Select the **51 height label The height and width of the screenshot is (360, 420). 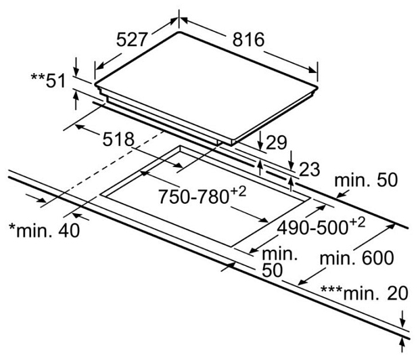(47, 81)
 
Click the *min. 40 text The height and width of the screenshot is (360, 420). (43, 230)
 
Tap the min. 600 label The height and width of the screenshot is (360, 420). (356, 258)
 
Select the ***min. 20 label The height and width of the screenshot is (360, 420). (363, 293)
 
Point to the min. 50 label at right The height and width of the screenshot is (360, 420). (366, 181)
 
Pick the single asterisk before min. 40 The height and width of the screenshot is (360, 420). (11, 227)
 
